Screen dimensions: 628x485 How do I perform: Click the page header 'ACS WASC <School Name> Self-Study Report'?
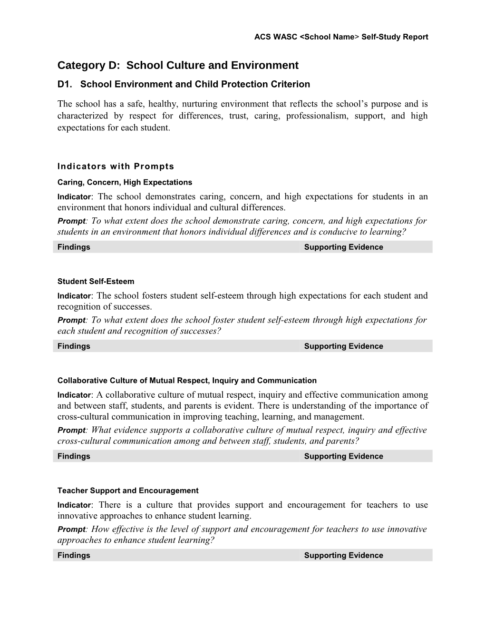(341, 37)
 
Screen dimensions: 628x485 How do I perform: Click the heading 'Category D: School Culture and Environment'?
(178, 65)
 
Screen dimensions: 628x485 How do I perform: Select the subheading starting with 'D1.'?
(184, 85)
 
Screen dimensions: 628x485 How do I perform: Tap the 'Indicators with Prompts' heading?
(116, 167)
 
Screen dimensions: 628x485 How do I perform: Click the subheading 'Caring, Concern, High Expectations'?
(125, 182)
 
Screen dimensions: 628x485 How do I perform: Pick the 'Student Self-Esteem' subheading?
(96, 282)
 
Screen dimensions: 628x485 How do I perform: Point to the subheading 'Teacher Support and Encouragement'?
(128, 491)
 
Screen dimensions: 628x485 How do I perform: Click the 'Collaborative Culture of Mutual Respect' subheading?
(187, 381)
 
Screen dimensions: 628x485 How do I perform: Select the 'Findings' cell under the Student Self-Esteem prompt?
(74, 346)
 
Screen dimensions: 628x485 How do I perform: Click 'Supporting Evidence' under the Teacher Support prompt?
(343, 555)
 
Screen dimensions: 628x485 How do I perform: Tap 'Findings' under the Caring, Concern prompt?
(74, 247)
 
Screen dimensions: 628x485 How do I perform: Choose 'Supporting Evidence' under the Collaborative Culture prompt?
(343, 456)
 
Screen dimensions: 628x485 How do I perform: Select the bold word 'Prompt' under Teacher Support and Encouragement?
(71, 530)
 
